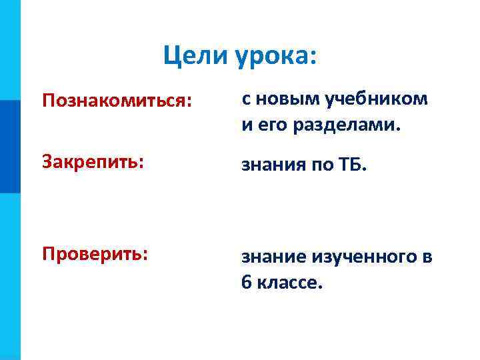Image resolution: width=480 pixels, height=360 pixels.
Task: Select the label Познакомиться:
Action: click(117, 101)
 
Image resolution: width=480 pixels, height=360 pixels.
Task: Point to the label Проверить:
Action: click(95, 254)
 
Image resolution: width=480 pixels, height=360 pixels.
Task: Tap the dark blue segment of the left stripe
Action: click(10, 147)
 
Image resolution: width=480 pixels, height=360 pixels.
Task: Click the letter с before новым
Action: click(245, 100)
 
